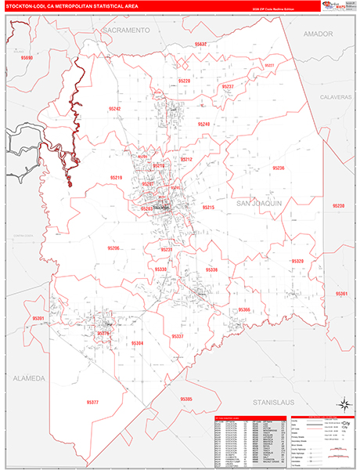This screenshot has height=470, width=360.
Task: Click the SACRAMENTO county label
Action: click(126, 29)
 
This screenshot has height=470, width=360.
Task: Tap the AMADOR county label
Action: click(319, 34)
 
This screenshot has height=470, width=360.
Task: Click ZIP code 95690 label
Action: click(27, 58)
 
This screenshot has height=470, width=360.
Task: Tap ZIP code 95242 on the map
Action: click(115, 108)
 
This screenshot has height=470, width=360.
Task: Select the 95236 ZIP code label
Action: click(279, 168)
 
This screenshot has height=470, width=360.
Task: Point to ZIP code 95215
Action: click(208, 207)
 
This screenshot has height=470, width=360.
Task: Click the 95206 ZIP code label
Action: click(113, 248)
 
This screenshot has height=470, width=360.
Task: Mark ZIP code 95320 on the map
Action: click(297, 261)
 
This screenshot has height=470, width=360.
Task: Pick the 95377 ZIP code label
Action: click(92, 402)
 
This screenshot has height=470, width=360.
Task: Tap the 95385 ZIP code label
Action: click(186, 399)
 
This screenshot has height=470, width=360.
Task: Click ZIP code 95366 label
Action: click(243, 309)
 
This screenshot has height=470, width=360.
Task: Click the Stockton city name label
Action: click(161, 207)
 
